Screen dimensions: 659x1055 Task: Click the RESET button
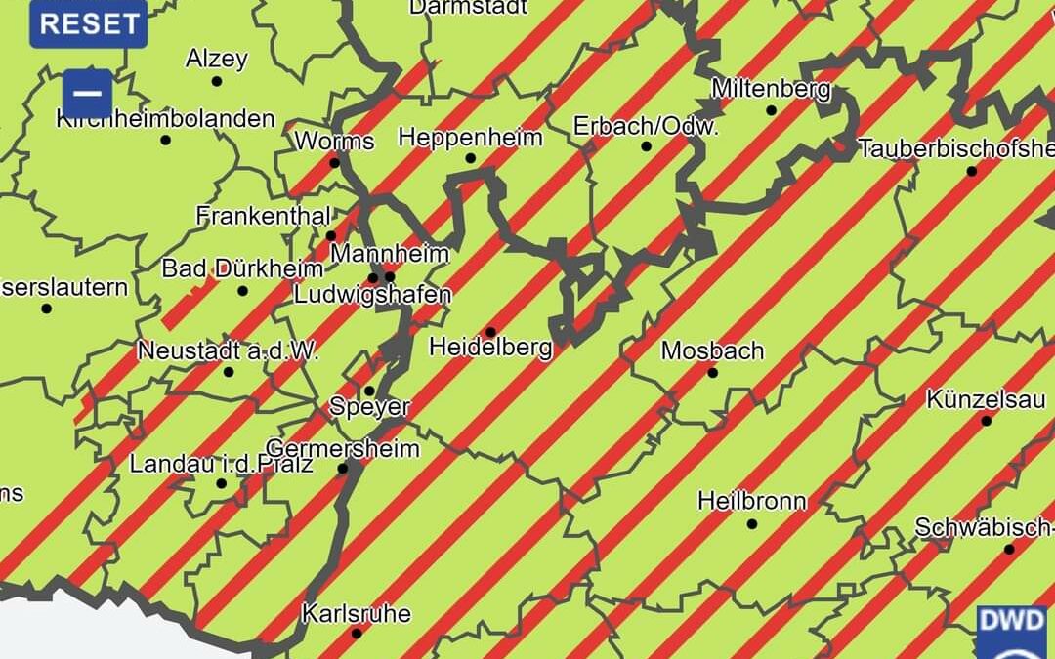(88, 23)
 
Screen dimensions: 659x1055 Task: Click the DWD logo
(1012, 630)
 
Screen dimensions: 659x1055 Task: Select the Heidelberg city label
(490, 347)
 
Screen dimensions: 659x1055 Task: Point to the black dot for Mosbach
(712, 372)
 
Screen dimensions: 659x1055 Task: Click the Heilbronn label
(752, 502)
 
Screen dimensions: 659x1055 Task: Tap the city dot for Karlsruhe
(357, 634)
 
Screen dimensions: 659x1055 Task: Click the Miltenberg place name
(771, 89)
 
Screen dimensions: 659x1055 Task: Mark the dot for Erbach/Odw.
(646, 146)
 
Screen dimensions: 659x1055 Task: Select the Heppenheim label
(470, 137)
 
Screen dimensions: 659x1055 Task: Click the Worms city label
(334, 141)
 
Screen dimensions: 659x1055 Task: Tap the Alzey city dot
(216, 81)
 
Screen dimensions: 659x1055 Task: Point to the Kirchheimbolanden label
(166, 119)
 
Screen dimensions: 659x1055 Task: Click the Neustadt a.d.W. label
(229, 350)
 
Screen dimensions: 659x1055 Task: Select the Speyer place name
(369, 407)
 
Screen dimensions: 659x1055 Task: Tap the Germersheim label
(343, 449)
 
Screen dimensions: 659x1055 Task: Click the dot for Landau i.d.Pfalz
(222, 483)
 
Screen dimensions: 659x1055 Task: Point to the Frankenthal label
(264, 216)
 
